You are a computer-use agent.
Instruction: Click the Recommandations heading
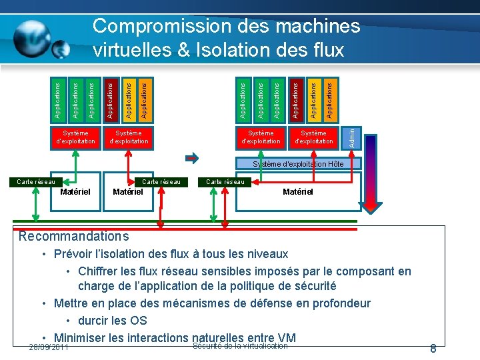pyautogui.click(x=73, y=236)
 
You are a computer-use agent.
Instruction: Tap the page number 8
pyautogui.click(x=433, y=349)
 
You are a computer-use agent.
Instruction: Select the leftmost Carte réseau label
pyautogui.click(x=35, y=181)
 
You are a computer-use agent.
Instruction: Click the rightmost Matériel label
pyautogui.click(x=298, y=192)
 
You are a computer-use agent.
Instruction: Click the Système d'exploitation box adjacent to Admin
pyautogui.click(x=314, y=137)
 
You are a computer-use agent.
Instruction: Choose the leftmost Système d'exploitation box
pyautogui.click(x=75, y=137)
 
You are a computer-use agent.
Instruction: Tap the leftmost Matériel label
pyautogui.click(x=75, y=192)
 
